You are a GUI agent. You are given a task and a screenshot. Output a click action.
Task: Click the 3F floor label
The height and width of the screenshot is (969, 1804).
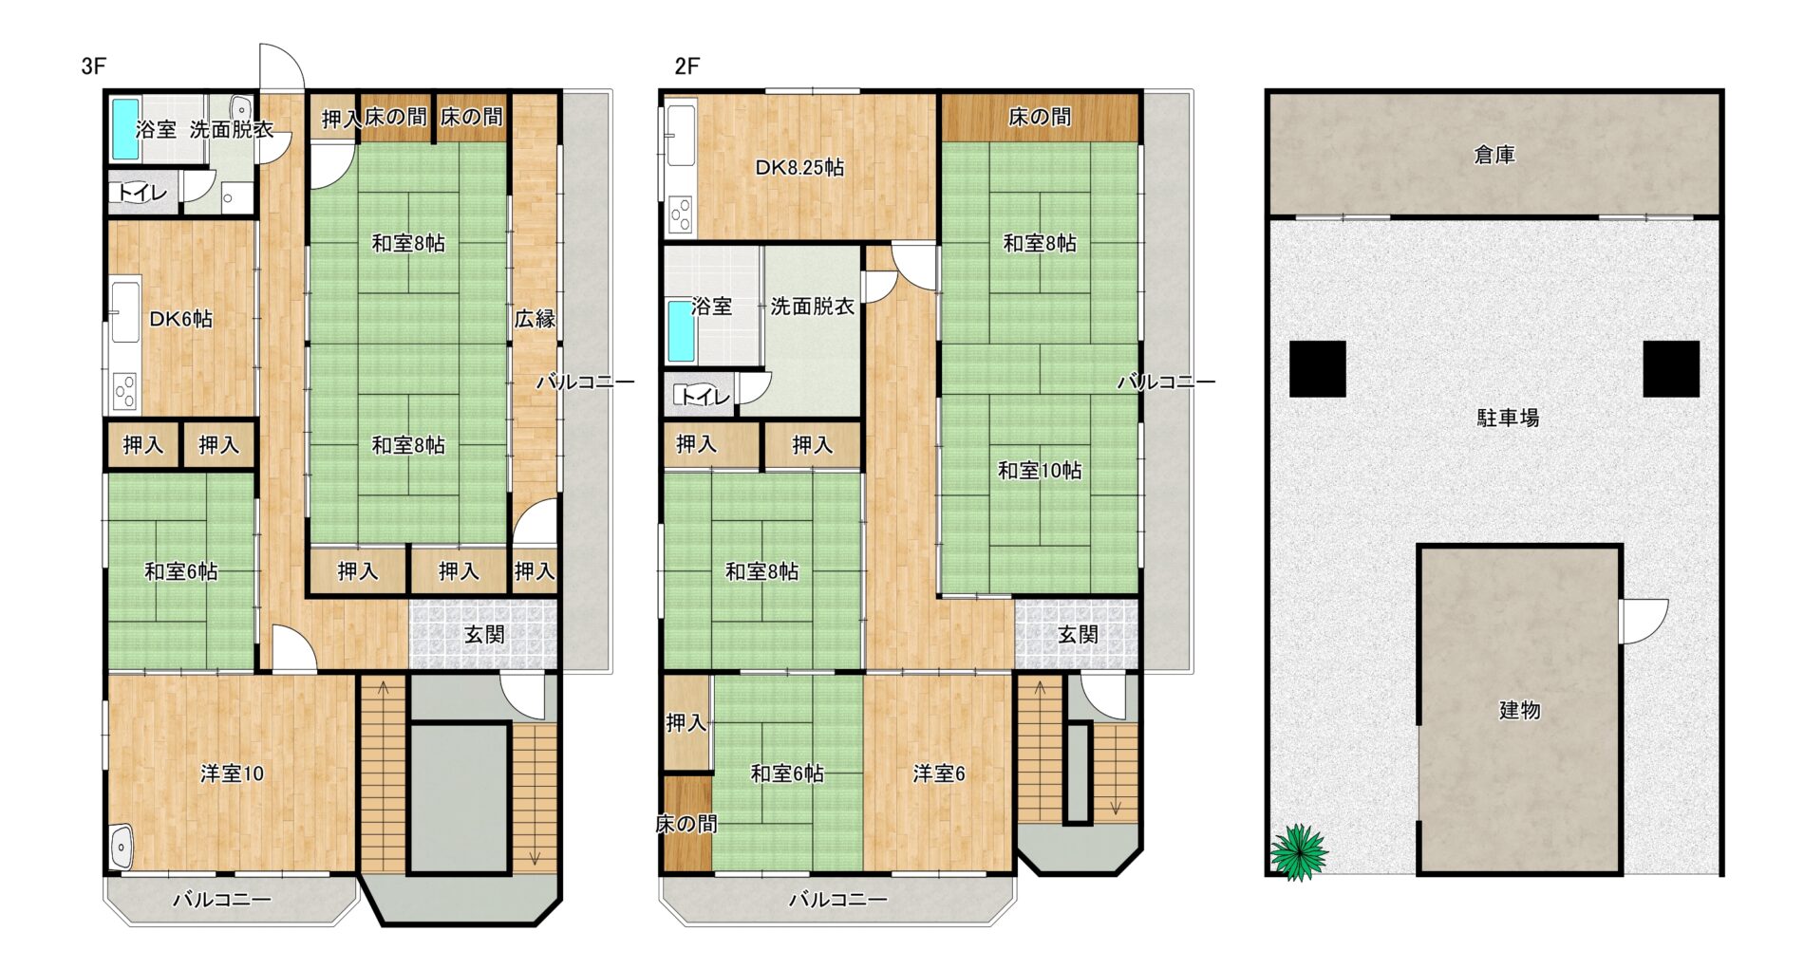93,66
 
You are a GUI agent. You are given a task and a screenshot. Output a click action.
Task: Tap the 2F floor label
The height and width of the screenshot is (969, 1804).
686,66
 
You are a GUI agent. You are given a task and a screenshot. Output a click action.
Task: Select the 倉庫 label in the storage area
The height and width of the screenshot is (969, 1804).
1494,155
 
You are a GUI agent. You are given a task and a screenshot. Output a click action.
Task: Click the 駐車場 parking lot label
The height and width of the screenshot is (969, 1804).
1508,418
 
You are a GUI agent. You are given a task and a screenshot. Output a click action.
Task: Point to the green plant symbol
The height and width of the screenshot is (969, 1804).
1298,852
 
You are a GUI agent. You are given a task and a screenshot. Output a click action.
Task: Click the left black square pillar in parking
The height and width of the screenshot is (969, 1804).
1317,368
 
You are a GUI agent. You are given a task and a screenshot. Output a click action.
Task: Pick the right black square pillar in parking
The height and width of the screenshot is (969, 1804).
1671,368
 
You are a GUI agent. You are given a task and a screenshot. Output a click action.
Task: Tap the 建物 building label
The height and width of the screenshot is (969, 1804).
1519,710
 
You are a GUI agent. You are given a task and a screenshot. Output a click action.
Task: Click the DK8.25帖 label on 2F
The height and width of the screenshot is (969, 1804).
799,168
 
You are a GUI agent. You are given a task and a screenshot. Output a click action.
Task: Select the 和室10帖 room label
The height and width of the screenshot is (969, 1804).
1040,471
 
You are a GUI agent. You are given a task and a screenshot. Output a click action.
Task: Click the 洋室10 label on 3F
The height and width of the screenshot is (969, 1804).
232,774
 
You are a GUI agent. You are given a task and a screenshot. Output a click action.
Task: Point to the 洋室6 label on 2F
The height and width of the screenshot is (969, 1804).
939,774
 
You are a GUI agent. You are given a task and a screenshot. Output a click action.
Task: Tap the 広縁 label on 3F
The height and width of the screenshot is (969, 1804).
535,319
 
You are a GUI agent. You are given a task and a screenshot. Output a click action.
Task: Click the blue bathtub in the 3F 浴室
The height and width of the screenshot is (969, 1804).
126,129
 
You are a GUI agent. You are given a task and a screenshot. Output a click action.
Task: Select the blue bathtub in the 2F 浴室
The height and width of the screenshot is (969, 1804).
681,331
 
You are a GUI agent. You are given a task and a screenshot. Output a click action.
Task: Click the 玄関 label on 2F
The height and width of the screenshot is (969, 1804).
1078,635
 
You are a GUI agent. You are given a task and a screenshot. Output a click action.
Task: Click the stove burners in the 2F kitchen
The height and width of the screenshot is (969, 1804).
681,214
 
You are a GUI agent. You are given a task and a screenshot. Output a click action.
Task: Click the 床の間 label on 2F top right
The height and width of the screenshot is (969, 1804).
1040,117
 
